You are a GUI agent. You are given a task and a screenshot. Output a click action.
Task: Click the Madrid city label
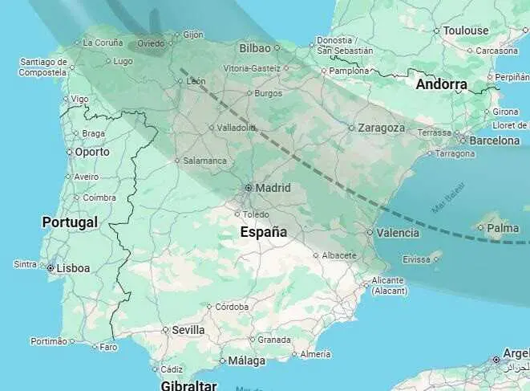[273, 188]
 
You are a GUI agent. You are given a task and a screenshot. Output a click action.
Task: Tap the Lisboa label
[73, 268]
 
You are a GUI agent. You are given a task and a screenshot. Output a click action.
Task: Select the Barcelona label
[494, 141]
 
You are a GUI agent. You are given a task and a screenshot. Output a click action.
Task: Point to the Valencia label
[398, 233]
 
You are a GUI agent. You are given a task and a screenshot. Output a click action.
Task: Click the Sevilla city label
[188, 330]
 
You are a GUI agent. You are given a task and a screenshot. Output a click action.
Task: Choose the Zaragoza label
[382, 128]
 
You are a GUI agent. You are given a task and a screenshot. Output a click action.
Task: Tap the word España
[264, 232]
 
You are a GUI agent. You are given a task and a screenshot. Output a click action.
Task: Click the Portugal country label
[70, 222]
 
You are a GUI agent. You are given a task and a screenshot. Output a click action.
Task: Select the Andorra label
[441, 83]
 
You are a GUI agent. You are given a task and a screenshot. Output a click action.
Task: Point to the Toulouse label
[466, 31]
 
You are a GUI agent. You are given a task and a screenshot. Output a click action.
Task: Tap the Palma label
[503, 228]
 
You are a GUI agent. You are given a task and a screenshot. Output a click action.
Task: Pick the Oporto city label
[92, 152]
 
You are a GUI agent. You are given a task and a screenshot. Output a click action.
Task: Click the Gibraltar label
[189, 385]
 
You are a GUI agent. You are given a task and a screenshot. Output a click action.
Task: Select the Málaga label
[247, 361]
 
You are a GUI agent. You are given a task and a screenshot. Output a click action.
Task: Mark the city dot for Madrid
[249, 188]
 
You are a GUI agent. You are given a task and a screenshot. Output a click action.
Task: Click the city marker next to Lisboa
[51, 268]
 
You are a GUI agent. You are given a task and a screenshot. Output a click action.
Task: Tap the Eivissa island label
[416, 259]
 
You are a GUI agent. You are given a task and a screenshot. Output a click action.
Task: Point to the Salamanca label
[205, 161]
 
